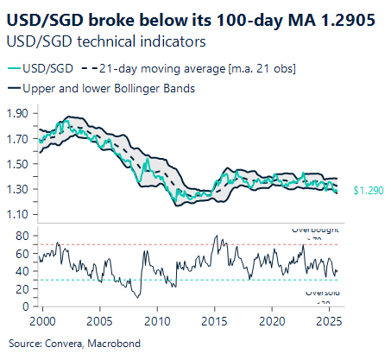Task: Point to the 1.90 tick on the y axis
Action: click(17, 113)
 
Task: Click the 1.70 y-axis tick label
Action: click(17, 138)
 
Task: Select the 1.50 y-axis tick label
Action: click(17, 163)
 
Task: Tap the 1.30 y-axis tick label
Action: click(17, 188)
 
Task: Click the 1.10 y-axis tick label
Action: click(17, 213)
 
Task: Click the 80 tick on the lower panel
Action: click(22, 235)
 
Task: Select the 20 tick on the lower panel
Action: click(22, 288)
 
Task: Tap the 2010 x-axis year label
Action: click(156, 321)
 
